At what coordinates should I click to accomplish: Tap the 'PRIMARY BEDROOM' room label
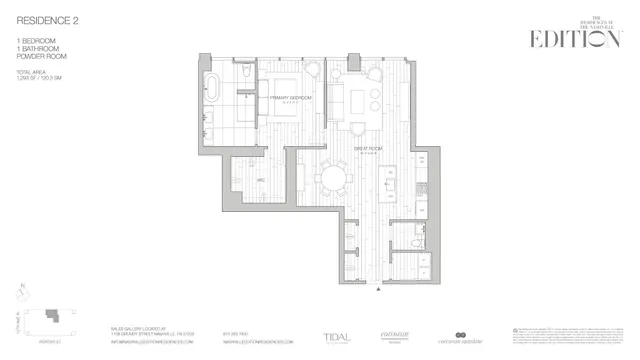(291, 97)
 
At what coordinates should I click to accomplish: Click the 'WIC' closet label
(260, 180)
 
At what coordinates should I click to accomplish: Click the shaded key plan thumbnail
(49, 318)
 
